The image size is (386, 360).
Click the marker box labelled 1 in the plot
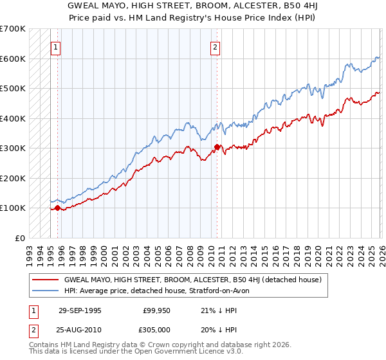pyautogui.click(x=57, y=46)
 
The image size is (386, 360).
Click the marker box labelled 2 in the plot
pyautogui.click(x=215, y=46)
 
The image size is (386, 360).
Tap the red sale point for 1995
pyautogui.click(x=57, y=208)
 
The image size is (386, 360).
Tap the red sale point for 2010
pyautogui.click(x=217, y=147)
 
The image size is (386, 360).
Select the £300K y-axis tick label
pyautogui.click(x=13, y=148)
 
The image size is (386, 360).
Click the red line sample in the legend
pyautogui.click(x=44, y=280)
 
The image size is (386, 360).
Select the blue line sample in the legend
pyautogui.click(x=44, y=291)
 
